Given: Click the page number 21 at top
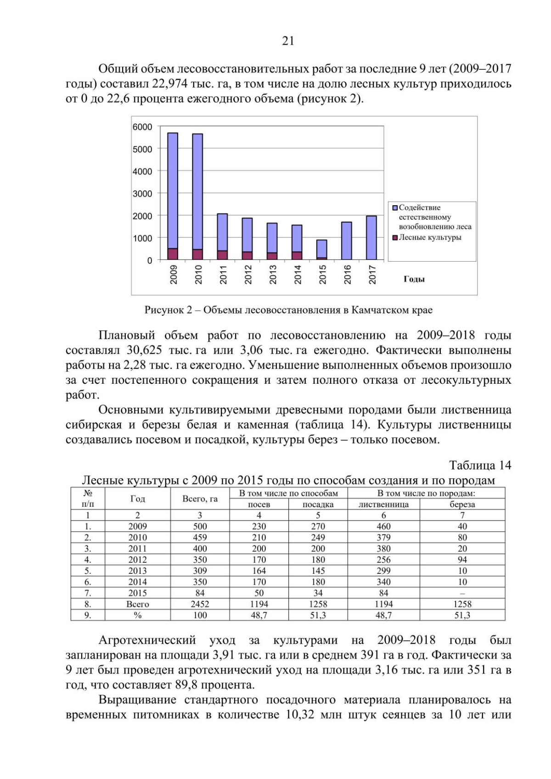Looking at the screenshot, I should pos(288,41).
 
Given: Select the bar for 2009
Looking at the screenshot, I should pos(173,193).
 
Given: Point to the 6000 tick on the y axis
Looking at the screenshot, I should pos(142,127).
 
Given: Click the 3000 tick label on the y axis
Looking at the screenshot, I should pos(142,194).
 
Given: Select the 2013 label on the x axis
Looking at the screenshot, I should pos(273,274).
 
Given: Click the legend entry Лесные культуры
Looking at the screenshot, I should pos(430,237).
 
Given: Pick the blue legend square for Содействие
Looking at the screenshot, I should pos(394,207).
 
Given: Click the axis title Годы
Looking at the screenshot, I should pos(414,279).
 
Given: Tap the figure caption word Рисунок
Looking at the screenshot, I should pos(164,310).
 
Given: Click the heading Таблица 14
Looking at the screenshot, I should pos(480,465).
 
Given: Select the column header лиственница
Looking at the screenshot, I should pos(383,504).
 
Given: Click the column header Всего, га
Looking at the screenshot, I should pos(200,499).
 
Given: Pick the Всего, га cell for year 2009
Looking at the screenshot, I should pos(200,526).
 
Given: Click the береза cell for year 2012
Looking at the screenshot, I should pos(462,560).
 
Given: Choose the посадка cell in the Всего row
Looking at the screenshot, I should pos(318,604).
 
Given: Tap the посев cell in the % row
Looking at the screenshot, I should pos(259,615).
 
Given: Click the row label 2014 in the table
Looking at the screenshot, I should pos(137,582).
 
